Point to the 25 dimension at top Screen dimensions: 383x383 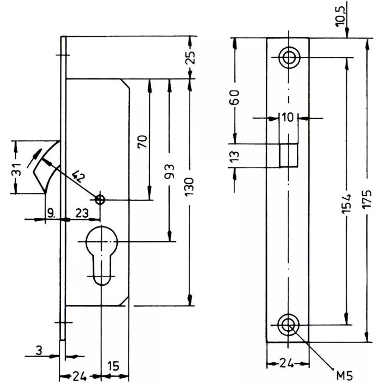191,57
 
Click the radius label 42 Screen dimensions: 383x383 78,178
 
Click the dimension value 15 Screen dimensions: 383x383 113,366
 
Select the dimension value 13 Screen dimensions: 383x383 235,156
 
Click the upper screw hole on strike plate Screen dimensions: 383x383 288,57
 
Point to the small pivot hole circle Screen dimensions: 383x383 100,200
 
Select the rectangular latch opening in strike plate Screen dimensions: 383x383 288,155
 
